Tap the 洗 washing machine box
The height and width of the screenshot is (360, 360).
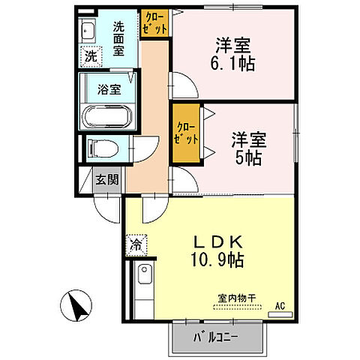(90, 55)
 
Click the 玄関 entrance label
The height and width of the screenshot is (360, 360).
(106, 179)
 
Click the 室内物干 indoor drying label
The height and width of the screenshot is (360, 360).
(236, 298)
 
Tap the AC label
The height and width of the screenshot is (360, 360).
(280, 305)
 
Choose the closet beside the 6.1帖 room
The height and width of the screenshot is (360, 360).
(155, 22)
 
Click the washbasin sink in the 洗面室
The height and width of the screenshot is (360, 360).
(87, 33)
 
